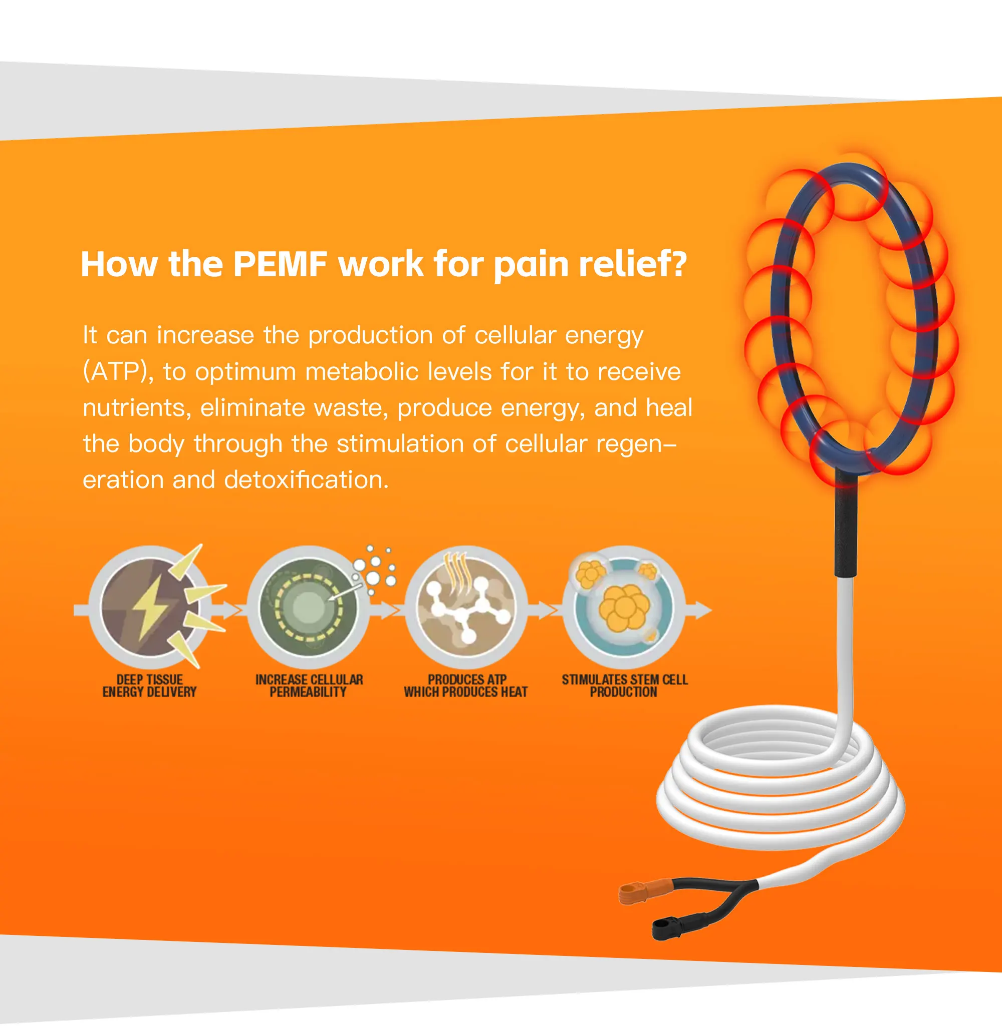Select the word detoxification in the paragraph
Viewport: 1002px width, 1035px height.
(x=306, y=480)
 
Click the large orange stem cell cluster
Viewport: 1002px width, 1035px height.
(x=625, y=608)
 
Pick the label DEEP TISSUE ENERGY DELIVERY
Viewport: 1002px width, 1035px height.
(x=150, y=686)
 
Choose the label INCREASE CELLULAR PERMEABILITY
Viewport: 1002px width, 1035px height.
(x=309, y=686)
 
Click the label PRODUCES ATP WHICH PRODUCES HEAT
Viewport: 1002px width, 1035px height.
(x=465, y=686)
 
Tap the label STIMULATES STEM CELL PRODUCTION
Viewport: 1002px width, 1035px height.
(x=624, y=686)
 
